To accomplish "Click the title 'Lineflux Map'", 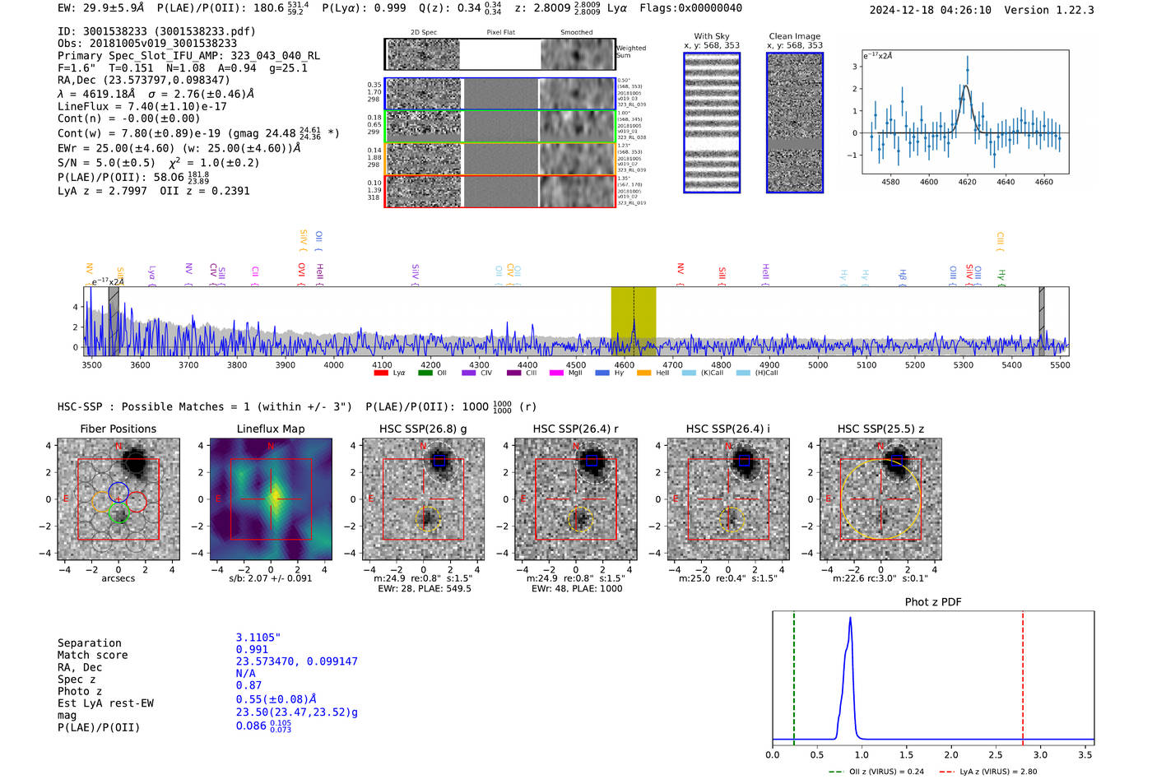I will point(270,429).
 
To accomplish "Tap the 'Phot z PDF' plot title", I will point(933,601).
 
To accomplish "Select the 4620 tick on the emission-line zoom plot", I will point(967,182).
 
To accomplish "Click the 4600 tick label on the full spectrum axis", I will point(625,365).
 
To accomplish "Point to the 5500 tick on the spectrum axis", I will point(1060,365).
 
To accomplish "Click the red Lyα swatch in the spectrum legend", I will point(381,373).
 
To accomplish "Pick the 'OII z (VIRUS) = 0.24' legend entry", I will point(877,772).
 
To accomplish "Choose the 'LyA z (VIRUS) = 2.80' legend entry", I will point(988,772).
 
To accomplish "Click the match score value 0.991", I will point(252,649).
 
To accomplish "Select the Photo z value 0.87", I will point(249,685).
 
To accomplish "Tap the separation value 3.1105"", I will point(258,638).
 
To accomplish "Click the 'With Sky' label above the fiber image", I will point(711,36).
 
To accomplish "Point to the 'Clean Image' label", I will point(794,36).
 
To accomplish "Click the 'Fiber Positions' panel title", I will point(118,429).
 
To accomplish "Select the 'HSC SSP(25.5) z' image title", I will point(880,429).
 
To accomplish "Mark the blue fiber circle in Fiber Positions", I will point(118,491).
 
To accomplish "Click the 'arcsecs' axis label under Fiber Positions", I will point(118,578).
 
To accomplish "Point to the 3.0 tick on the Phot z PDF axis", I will point(1040,754).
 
